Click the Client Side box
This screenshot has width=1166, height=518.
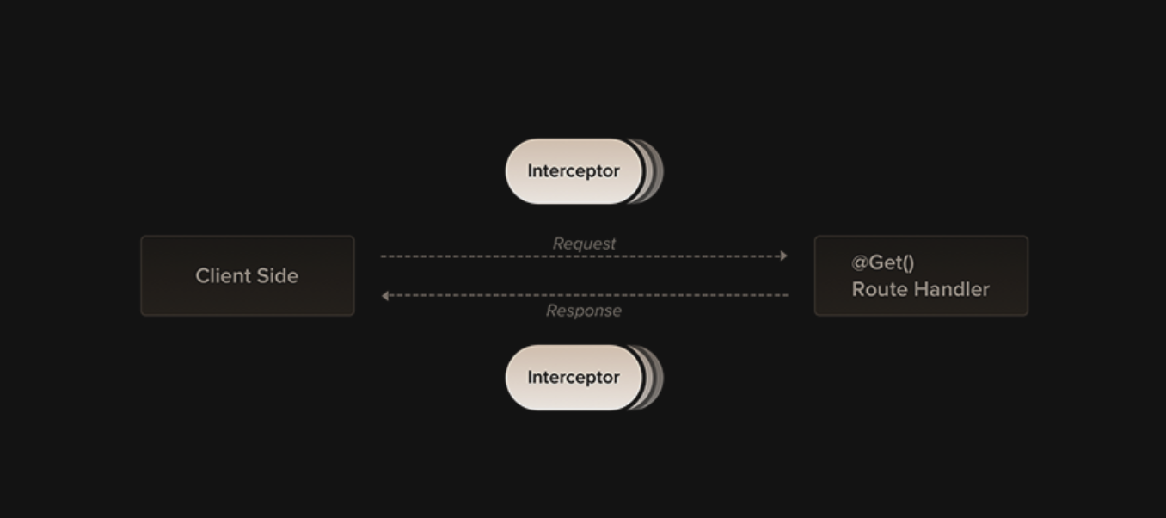point(248,275)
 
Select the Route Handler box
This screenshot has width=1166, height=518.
point(921,275)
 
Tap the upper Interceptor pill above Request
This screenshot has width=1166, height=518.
point(574,171)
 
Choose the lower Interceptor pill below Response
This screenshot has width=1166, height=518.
point(574,378)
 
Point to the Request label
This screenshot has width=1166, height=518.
point(584,244)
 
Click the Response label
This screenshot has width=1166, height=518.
point(584,311)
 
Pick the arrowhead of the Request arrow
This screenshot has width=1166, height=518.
point(782,256)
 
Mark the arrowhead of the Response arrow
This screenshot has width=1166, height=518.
point(386,295)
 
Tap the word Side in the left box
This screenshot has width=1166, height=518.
point(276,276)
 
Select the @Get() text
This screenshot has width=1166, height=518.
point(882,262)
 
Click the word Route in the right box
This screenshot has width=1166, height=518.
point(879,289)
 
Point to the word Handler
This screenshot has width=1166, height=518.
point(950,289)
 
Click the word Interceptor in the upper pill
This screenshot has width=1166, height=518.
point(574,171)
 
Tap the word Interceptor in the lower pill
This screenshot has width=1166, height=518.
point(574,378)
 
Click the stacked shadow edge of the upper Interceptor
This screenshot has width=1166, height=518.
point(655,171)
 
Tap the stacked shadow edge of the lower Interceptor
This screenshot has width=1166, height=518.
point(655,378)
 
